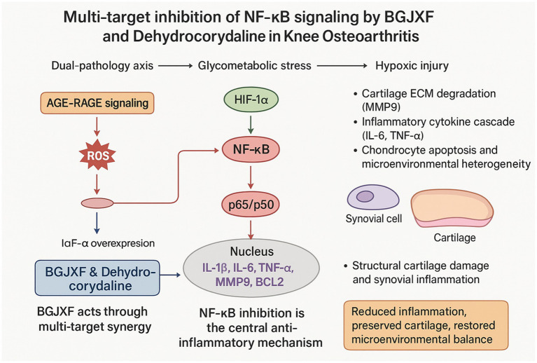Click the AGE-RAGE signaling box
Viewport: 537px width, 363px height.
(97, 103)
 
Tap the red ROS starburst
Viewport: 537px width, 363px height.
(97, 156)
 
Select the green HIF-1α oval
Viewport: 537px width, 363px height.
(251, 100)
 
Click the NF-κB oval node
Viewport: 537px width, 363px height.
(251, 149)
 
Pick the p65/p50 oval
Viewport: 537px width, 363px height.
(251, 205)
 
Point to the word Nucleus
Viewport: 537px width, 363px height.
(252, 252)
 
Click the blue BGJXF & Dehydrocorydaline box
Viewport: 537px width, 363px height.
(97, 278)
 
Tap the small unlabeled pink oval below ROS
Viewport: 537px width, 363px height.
(97, 203)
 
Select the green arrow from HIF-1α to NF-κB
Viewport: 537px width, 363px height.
(251, 125)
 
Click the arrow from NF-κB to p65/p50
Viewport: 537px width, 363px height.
(251, 177)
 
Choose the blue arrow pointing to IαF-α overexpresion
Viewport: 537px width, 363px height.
(97, 223)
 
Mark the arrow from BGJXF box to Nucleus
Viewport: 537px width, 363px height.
(170, 275)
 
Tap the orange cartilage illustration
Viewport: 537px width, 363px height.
(452, 208)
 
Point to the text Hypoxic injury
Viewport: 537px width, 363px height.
(412, 65)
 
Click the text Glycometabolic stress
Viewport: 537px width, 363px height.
(254, 65)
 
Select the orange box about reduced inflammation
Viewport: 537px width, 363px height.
(426, 325)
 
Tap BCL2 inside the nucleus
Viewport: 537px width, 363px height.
(270, 282)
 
